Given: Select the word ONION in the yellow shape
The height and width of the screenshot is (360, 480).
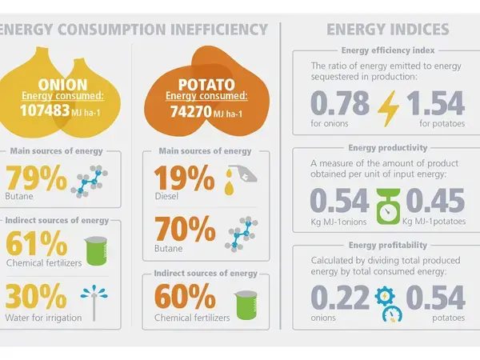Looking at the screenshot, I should coord(58,83).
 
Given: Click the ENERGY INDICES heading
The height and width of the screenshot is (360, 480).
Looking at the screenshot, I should coord(387,30).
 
